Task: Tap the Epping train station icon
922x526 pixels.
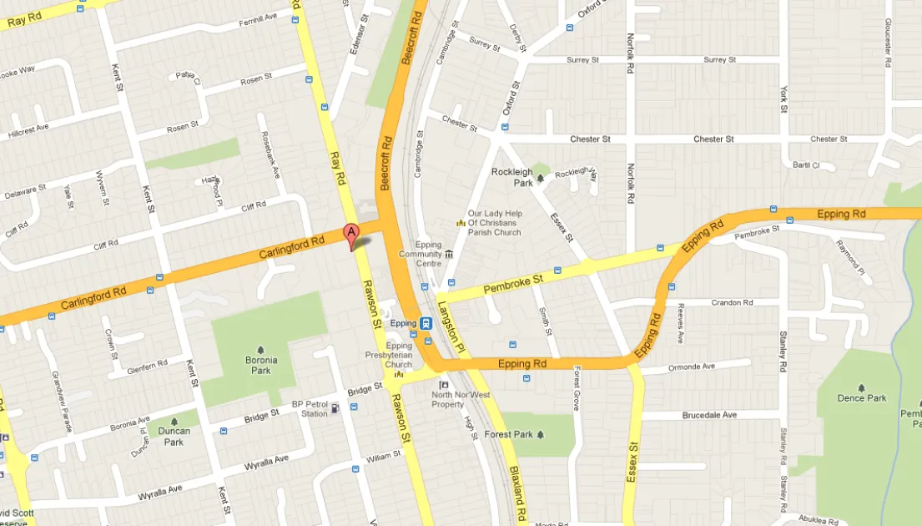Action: (x=426, y=323)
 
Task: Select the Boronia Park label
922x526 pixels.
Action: (x=261, y=365)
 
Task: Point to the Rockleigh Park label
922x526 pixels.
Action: (x=512, y=177)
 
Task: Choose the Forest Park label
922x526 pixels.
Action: (x=508, y=434)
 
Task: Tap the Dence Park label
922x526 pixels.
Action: (x=862, y=398)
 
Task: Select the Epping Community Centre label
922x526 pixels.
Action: (x=420, y=254)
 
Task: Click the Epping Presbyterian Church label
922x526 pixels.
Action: (x=399, y=355)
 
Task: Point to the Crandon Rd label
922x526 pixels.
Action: (x=732, y=302)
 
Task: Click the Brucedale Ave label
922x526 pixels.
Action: (x=709, y=415)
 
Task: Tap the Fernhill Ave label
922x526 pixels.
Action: (x=258, y=17)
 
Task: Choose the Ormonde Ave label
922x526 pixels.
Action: (x=692, y=367)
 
